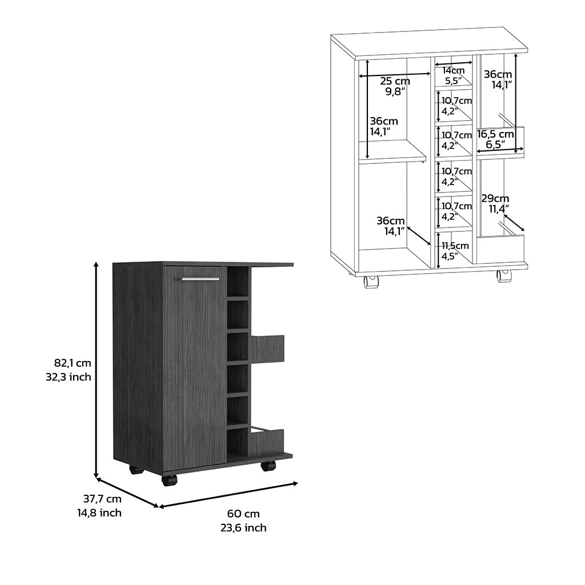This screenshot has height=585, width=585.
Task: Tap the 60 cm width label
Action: (244, 514)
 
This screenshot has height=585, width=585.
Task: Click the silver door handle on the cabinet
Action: (201, 279)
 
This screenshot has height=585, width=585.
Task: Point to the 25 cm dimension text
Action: (395, 81)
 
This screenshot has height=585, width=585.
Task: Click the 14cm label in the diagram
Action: (454, 71)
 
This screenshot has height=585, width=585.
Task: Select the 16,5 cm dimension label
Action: (496, 134)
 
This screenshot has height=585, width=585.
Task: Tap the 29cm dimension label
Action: (495, 198)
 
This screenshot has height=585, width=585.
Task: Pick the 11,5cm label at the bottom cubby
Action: (455, 246)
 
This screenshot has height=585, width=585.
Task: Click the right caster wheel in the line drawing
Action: (503, 276)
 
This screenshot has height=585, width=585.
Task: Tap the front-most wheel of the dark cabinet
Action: (169, 479)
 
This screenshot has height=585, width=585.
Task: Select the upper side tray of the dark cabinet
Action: (267, 348)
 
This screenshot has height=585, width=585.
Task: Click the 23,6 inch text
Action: (244, 528)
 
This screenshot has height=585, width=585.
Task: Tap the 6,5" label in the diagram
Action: (495, 145)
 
